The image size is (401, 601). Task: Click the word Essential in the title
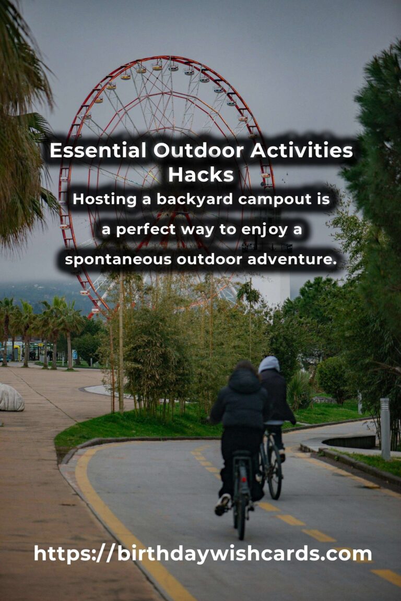[98, 151]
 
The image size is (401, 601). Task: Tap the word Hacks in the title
[200, 175]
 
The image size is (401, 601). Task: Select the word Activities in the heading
[301, 151]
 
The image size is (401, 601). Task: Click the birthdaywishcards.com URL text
[203, 554]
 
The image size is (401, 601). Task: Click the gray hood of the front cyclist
[269, 364]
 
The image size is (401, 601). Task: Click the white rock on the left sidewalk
[10, 398]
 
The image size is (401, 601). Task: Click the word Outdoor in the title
[200, 151]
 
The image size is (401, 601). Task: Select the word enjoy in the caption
[258, 230]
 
